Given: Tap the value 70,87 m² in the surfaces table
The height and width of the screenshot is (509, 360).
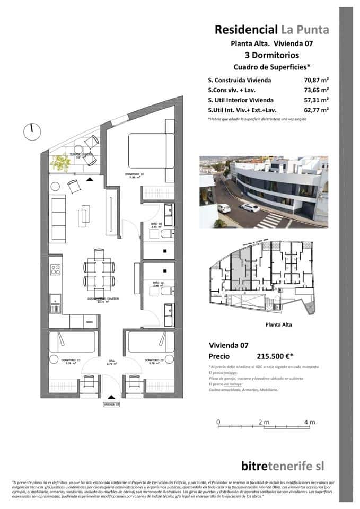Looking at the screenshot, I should [313, 81].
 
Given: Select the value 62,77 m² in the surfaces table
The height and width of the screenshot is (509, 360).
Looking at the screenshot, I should [313, 110].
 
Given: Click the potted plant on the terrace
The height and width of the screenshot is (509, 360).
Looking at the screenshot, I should [60, 162].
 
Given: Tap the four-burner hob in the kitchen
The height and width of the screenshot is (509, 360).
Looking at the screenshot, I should [55, 269].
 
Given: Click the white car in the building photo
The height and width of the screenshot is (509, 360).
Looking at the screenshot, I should [250, 207].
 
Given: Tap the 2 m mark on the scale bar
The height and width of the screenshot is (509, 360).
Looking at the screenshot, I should [264, 422].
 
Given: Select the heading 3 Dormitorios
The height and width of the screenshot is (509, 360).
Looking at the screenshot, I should [271, 55].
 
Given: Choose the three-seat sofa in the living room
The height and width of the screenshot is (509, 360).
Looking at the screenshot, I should [57, 218].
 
